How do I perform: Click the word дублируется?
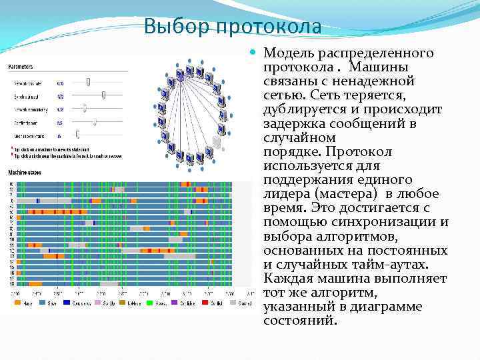point(301,109)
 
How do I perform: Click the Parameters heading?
point(21,67)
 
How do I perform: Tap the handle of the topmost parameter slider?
point(88,82)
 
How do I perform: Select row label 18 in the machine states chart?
point(11,284)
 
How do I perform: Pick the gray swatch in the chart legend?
point(233,303)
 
